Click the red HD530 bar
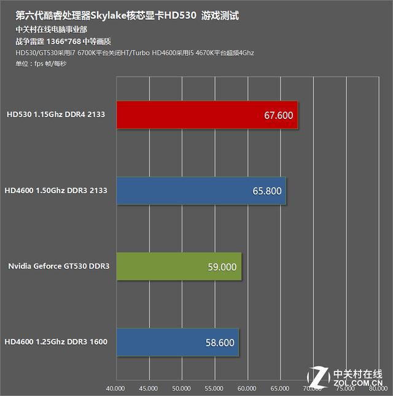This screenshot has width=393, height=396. pos(208,115)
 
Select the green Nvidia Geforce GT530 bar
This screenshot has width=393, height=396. pos(179,267)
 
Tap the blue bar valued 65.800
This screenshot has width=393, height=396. pos(201,191)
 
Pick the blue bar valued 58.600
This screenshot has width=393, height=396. pos(177,342)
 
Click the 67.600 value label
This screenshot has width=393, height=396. pos(279,115)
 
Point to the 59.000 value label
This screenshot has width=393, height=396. pos(222,267)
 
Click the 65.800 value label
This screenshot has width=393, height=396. pos(267,191)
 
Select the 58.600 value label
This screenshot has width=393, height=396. pos(220,343)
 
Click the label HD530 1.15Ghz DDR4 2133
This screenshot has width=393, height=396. pos(56,115)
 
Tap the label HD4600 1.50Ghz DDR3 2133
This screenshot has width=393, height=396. pos(56,190)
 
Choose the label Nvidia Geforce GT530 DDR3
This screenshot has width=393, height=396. pos(59,266)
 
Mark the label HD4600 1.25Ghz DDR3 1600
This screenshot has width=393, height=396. pos(56,341)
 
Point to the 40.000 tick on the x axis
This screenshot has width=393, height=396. pos(115,389)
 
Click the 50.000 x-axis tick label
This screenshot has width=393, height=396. pos(181,389)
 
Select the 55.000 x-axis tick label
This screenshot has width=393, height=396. pos(214,389)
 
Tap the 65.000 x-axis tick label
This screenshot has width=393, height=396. pos(279,389)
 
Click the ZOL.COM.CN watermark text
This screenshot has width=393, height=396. pos(358,383)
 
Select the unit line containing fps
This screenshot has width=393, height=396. pos(41,64)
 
